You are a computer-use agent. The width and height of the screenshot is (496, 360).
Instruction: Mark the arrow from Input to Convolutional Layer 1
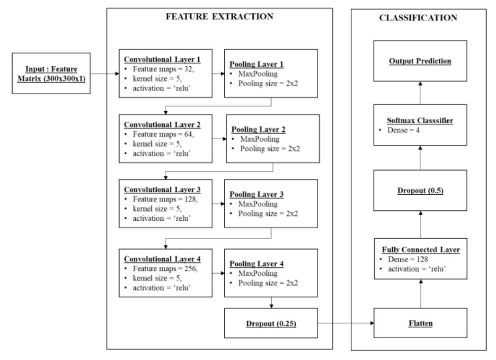coord(104,73)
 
